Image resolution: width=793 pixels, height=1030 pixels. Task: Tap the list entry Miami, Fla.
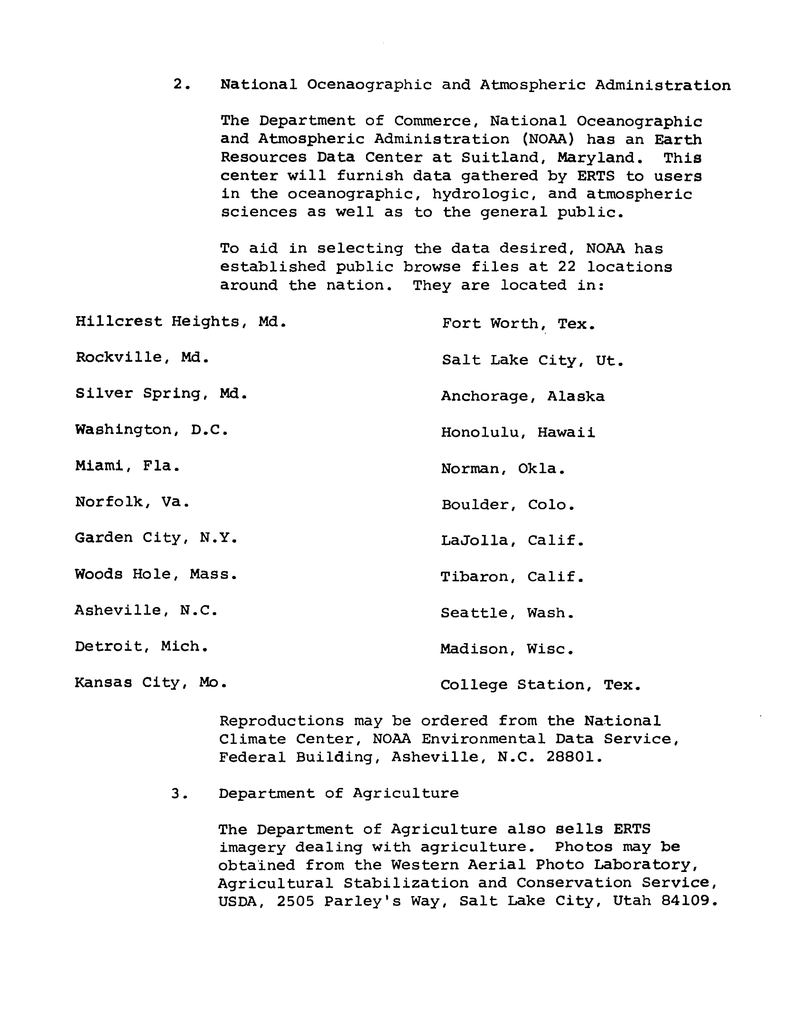[127, 466]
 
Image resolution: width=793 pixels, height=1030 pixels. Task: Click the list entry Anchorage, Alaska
[522, 396]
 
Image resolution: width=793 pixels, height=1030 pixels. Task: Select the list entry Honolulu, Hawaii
[518, 432]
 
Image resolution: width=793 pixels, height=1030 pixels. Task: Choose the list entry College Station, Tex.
[540, 685]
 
